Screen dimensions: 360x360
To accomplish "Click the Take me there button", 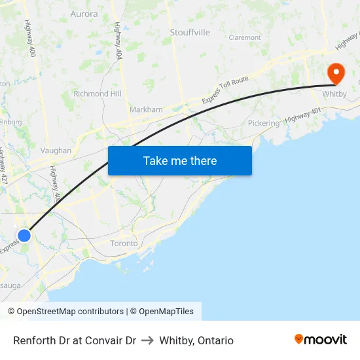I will [x=180, y=160].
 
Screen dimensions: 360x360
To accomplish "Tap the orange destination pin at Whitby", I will [x=336, y=73].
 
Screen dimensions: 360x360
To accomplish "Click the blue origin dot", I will [x=24, y=235].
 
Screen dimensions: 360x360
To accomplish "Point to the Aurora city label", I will [x=84, y=14].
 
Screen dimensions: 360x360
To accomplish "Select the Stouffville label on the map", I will [x=190, y=32].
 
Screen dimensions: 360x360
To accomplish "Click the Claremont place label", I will [x=245, y=37].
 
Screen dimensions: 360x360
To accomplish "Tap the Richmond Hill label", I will [x=98, y=94].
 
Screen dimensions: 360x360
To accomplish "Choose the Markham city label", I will [x=146, y=109].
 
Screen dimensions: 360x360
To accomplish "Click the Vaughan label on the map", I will [x=56, y=150].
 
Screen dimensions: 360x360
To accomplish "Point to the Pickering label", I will [x=264, y=123].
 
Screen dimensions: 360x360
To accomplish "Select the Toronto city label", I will [x=124, y=243].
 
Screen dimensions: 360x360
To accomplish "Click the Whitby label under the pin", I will [x=334, y=94].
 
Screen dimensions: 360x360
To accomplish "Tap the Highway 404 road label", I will [x=118, y=39].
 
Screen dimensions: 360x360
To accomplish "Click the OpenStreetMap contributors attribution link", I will [x=70, y=312].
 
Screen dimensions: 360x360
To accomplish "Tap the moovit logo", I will [x=321, y=339].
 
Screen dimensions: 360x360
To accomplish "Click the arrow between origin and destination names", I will [x=147, y=340].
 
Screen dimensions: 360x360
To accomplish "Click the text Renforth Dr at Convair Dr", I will [x=75, y=340].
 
